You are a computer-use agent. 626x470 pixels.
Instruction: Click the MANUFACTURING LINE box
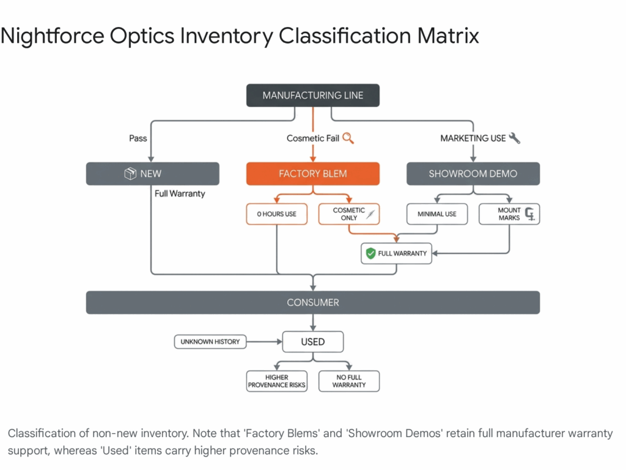point(312,95)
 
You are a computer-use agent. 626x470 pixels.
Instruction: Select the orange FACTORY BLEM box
point(312,174)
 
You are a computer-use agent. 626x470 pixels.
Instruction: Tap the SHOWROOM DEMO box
point(473,174)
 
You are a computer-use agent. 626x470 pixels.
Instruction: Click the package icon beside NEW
point(130,174)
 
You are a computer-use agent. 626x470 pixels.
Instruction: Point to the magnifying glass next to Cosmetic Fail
point(348,138)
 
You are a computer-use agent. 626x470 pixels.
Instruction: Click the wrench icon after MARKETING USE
point(515,138)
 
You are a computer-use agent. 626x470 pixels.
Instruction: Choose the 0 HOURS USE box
point(276,214)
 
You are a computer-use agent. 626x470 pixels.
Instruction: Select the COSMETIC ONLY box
point(349,214)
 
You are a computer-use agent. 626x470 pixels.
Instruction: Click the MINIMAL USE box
point(437,214)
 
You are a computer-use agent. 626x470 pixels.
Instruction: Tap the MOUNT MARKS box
point(509,214)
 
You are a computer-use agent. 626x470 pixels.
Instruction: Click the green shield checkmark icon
point(370,253)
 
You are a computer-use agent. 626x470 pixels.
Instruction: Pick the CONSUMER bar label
point(312,302)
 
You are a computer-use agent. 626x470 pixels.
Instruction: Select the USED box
point(312,341)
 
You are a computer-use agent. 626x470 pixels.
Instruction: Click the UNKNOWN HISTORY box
point(210,341)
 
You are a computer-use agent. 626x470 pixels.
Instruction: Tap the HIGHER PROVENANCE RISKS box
point(276,381)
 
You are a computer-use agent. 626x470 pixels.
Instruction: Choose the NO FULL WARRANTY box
point(349,381)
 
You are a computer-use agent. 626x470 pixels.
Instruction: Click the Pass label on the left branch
point(138,138)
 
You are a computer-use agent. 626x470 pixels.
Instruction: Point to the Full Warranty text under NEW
point(180,193)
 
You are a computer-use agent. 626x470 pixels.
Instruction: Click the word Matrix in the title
point(448,36)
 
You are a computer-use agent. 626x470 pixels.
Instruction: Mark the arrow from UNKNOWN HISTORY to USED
point(264,341)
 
